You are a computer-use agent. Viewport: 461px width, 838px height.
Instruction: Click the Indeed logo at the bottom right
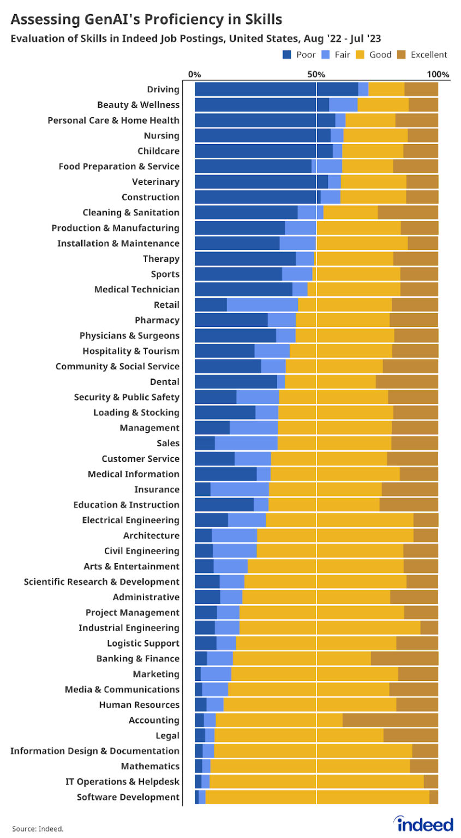(x=425, y=824)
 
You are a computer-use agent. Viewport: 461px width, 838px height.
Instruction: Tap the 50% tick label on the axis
(x=316, y=74)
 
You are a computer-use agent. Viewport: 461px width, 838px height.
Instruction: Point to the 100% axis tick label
(x=438, y=74)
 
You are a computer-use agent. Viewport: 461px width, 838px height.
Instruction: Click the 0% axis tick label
(x=194, y=74)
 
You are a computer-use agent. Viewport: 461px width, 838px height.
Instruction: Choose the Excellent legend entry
(x=429, y=55)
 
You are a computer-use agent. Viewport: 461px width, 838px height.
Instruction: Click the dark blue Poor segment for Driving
(x=276, y=89)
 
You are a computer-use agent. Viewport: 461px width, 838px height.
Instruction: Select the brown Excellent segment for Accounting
(x=390, y=720)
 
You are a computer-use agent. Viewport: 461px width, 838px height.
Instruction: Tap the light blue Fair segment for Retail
(x=262, y=305)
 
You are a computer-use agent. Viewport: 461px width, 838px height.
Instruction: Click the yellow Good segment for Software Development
(x=317, y=797)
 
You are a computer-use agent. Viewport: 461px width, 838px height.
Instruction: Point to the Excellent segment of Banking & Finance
(x=404, y=659)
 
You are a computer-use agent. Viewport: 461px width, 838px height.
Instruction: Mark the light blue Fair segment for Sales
(x=246, y=444)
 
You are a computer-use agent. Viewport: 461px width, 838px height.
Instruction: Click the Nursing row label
(x=161, y=136)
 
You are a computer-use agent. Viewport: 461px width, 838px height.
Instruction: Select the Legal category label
(x=167, y=735)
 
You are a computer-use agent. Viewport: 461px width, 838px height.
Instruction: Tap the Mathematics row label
(x=150, y=767)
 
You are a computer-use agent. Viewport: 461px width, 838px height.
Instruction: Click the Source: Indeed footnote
(x=38, y=829)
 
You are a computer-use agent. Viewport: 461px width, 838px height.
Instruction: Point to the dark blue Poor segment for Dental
(x=236, y=382)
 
